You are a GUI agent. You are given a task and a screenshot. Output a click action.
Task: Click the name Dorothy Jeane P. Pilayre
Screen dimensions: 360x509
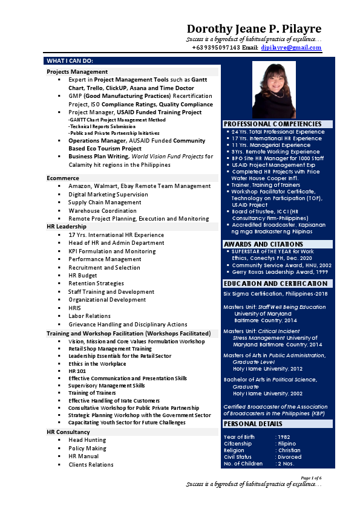click(254, 29)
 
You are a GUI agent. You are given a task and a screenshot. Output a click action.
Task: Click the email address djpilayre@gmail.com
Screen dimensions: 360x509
click(291, 47)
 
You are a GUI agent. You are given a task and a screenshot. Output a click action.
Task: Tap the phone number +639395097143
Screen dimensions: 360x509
click(216, 47)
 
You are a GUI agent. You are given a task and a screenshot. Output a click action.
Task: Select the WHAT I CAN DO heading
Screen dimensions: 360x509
click(70, 61)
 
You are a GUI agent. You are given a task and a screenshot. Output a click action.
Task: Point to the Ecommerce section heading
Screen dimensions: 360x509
click(63, 178)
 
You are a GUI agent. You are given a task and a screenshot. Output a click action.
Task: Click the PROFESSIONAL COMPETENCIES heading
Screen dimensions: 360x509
click(272, 124)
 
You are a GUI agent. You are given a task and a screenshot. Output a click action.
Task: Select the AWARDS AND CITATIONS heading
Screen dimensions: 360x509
click(263, 244)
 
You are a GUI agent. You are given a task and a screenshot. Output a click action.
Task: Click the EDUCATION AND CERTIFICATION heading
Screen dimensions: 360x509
click(276, 284)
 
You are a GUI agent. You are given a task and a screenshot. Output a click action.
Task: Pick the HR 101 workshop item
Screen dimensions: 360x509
click(77, 371)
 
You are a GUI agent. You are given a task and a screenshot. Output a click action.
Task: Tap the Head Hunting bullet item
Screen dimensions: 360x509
click(87, 441)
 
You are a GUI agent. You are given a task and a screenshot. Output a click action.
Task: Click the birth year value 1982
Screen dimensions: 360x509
click(284, 436)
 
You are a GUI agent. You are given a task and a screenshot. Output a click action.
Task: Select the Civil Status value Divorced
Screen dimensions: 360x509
click(289, 457)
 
